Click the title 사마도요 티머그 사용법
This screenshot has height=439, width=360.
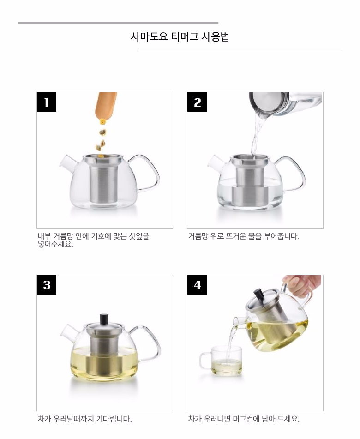point(180,36)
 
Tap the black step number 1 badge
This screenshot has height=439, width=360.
point(47,102)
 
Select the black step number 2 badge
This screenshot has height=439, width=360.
point(197,102)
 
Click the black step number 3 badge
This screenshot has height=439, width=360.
point(47,285)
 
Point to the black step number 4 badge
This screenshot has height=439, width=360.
point(197,285)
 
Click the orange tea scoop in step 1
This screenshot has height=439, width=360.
point(106,106)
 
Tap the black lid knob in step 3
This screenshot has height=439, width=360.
point(105,319)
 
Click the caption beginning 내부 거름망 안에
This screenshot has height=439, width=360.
point(93,240)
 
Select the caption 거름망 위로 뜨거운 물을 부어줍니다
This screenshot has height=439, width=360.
point(243,236)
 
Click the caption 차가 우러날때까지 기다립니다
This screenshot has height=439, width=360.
point(84,419)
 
